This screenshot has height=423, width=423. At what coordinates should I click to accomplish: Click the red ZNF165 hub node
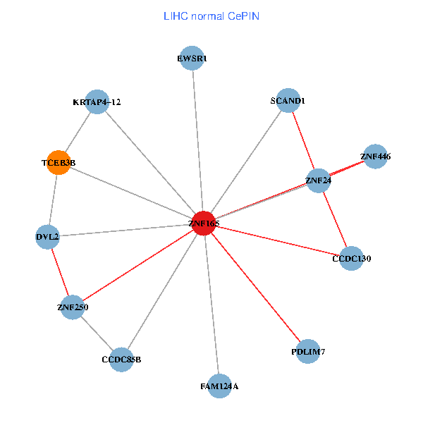coord(204,223)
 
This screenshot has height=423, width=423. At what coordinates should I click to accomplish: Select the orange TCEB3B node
coord(58,163)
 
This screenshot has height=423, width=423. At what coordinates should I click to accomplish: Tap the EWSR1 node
coord(192,59)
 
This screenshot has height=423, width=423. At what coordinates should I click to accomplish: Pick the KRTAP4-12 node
coord(97,102)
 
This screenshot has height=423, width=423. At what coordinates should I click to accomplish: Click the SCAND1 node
coord(288,101)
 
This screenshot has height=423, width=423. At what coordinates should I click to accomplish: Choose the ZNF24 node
coord(319,180)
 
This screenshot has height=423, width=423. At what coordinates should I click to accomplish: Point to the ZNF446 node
coord(376,157)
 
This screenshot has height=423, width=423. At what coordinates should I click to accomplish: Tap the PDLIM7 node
coord(308,351)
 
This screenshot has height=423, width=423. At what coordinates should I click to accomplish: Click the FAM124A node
coord(219,386)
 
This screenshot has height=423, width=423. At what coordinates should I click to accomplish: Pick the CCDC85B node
coord(121,359)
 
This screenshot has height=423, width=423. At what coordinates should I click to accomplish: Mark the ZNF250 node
coord(73,307)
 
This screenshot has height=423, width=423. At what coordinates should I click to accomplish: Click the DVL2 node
coord(47,237)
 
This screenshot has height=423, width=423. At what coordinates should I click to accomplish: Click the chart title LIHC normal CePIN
coord(211,16)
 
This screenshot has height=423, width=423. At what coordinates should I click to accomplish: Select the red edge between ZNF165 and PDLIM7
coord(256,287)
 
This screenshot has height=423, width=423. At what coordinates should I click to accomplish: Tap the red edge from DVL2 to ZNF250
coord(60,271)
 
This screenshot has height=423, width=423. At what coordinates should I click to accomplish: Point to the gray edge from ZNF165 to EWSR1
coord(198,141)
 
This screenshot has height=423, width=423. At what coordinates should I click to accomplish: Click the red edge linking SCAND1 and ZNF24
coord(303,141)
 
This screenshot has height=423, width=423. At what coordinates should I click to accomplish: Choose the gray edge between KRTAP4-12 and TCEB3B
coord(78,132)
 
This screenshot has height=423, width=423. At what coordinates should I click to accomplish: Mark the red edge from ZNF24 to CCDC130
coord(335,219)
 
